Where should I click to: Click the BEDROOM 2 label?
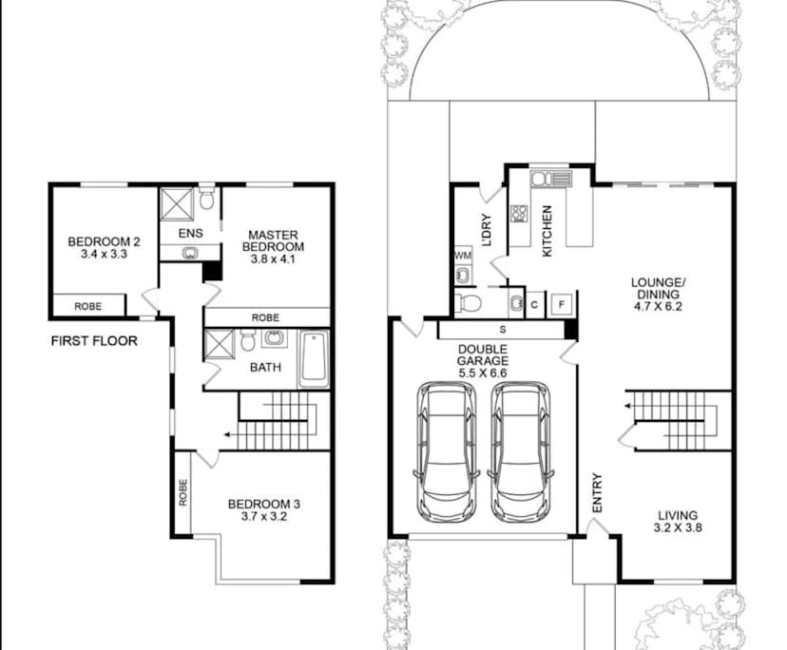point(104,247)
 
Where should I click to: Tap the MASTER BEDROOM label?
point(274,246)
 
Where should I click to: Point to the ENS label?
point(189,232)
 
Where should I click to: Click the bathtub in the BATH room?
point(314,358)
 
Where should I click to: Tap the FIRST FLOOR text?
point(94,340)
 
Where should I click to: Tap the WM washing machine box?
point(463,256)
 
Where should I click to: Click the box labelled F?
point(563,304)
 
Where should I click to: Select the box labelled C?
point(535,304)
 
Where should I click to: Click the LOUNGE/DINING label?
point(658,295)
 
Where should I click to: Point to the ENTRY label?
point(598,494)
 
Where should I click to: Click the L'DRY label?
point(486,231)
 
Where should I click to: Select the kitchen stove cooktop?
point(520,214)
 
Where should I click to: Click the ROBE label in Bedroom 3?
point(182,492)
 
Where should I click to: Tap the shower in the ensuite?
point(177,202)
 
